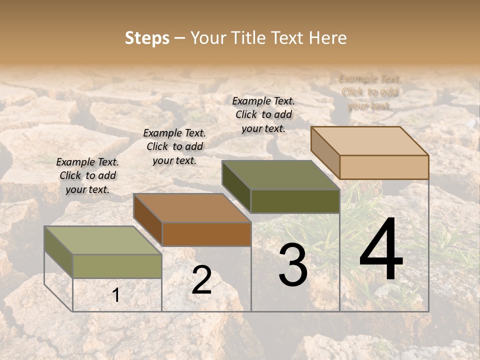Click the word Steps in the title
(147, 38)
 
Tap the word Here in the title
(328, 38)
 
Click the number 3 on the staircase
(293, 265)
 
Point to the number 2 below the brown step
(201, 280)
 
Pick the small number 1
(116, 295)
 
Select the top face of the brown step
(192, 208)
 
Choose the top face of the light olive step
(103, 240)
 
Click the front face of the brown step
(206, 234)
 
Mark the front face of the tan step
(384, 167)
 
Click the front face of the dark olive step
(295, 201)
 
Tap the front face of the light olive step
(117, 266)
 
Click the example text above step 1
(87, 175)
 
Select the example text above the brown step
(174, 146)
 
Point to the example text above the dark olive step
(263, 114)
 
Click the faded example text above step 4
(370, 92)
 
